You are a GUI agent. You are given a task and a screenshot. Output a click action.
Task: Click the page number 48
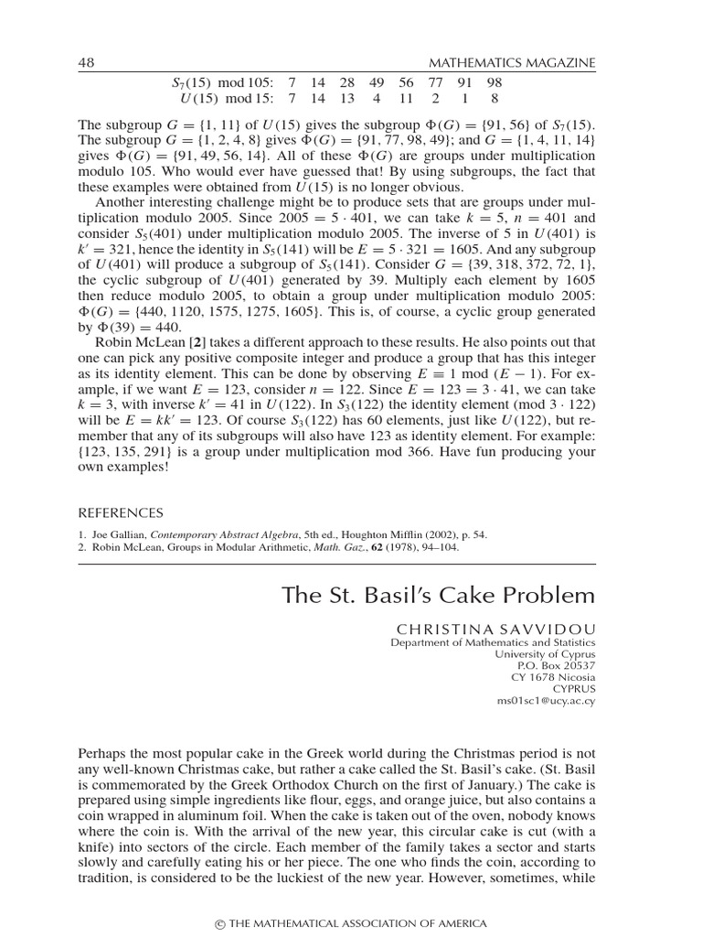88,62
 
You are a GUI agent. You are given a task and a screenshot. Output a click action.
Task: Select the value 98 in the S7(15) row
495,82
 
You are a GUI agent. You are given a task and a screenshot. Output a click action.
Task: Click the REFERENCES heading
121,513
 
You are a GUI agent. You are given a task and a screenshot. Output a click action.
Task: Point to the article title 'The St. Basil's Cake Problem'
439,596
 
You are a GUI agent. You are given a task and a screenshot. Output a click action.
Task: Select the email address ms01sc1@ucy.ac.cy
545,699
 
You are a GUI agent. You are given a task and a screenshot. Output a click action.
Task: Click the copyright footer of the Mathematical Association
351,923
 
